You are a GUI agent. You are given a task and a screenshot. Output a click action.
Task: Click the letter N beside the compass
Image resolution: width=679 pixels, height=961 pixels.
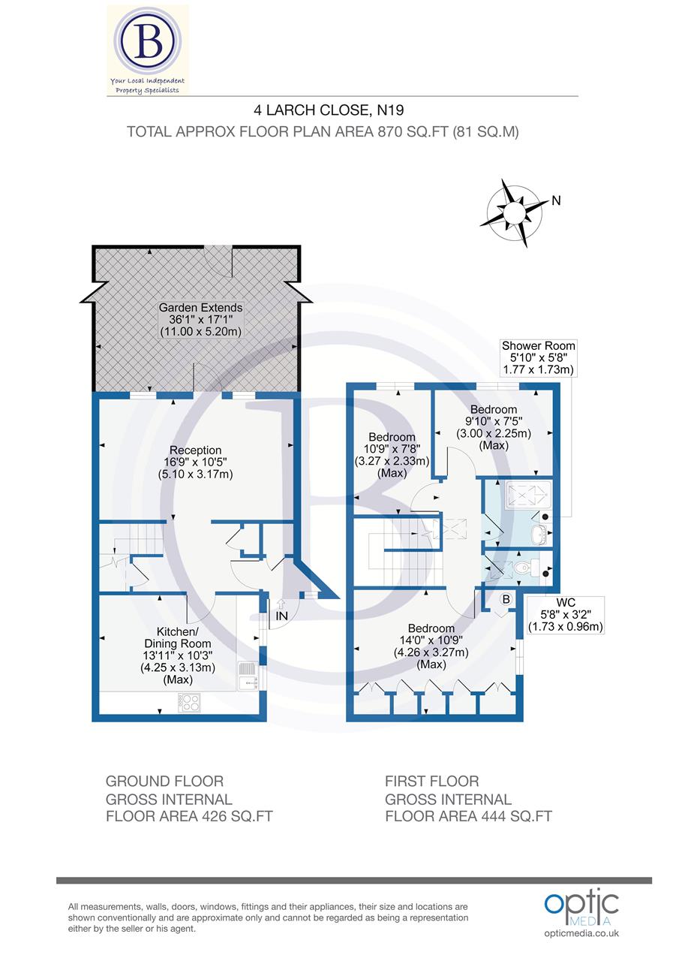556,200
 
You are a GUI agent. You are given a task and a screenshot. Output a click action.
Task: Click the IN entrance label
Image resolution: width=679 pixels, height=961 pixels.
282,615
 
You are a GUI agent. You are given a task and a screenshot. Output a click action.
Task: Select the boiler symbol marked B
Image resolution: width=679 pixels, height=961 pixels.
506,599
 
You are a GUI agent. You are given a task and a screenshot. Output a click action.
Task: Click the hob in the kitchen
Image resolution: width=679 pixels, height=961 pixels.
189,703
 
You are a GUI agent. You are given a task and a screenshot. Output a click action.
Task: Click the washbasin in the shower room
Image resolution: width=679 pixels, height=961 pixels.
538,534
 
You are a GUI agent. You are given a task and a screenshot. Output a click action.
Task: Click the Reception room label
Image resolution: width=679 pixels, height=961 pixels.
195,462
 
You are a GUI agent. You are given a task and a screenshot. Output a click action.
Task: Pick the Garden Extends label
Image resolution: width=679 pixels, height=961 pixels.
200,320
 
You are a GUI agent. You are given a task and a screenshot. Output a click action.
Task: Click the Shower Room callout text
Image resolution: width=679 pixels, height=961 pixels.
538,357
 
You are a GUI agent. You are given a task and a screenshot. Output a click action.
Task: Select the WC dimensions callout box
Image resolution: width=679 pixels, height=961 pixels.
566,615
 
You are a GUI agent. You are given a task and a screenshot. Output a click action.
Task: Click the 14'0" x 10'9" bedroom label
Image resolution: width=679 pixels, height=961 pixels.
431,646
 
